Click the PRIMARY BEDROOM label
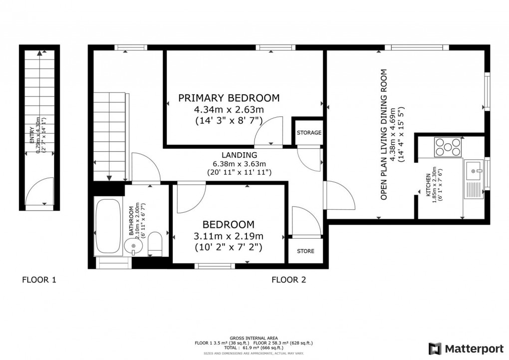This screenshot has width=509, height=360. coord(229,98)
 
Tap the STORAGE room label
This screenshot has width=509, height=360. coord(309,133)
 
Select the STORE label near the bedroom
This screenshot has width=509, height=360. coord(305,251)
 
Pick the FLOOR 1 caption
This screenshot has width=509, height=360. coord(39,280)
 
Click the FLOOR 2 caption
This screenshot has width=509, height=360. coord(288,280)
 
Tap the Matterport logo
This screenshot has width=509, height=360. coord(463,348)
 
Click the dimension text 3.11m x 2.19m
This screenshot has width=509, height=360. coord(229,236)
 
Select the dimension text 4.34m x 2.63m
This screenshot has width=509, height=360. coord(229,109)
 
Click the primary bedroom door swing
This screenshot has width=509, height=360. coord(269,131)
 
